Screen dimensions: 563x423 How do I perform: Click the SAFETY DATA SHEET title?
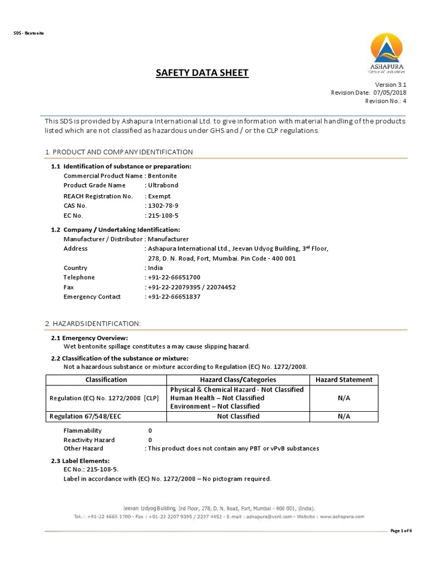203,73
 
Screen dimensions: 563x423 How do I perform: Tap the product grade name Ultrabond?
163,185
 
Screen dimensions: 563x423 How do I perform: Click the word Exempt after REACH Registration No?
160,196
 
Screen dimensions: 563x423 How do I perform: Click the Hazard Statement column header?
344,379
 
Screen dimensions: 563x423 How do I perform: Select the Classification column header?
106,379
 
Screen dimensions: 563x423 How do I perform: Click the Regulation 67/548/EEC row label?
85,416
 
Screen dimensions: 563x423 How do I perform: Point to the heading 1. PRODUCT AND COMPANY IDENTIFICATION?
118,152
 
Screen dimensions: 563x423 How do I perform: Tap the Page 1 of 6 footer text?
400,530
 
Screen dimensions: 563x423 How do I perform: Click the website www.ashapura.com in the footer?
341,517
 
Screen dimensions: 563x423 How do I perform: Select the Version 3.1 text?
390,85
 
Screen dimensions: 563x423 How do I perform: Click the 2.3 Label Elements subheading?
80,460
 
